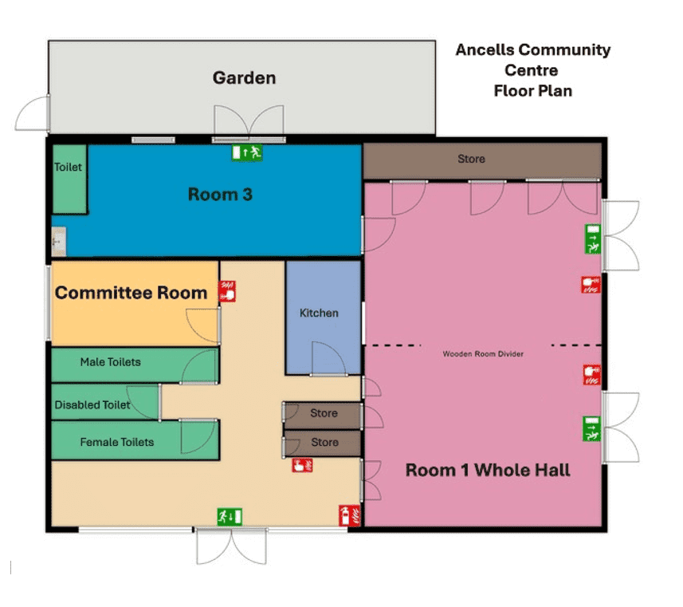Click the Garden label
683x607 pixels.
tap(244, 78)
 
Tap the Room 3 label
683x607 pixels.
tap(220, 195)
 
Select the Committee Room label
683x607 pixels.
tap(131, 293)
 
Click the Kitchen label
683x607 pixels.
tap(319, 313)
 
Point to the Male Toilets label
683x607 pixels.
tap(111, 362)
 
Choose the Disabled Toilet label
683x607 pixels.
tap(92, 404)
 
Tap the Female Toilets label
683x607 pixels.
tap(117, 442)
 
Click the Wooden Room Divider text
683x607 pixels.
tap(483, 354)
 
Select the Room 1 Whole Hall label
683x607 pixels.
tap(488, 470)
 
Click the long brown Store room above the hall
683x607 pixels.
tap(482, 161)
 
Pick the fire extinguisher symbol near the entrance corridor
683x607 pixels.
tap(349, 515)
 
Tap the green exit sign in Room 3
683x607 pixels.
tap(247, 152)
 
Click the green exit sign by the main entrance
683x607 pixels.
tap(230, 517)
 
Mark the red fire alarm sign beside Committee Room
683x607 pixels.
tap(227, 291)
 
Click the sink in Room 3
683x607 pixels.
tap(58, 241)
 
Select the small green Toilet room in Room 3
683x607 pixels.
tap(69, 179)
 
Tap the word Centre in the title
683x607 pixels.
tap(532, 70)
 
